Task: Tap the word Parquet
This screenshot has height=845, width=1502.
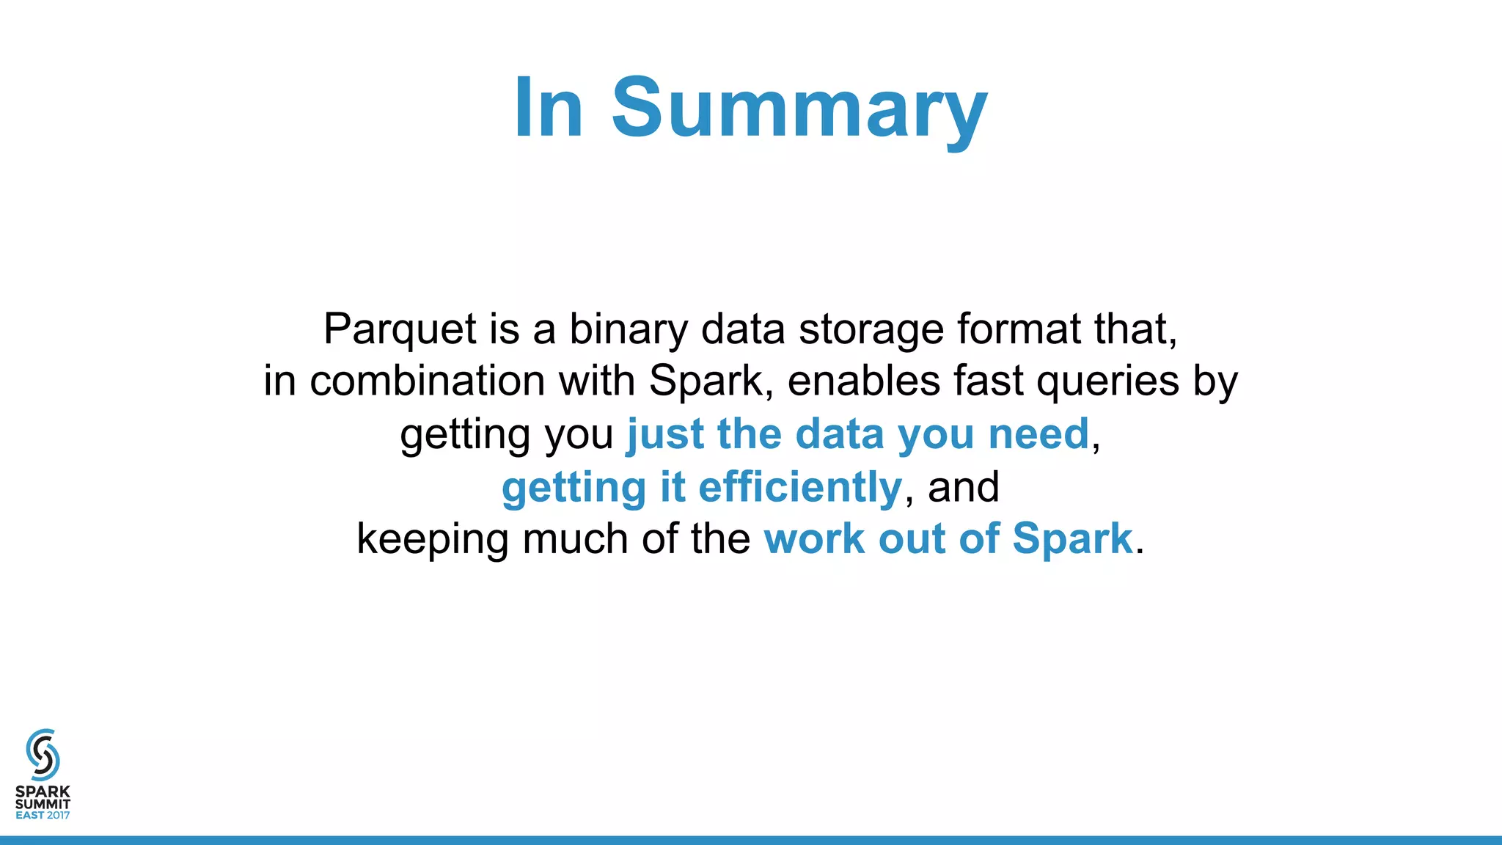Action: (x=400, y=329)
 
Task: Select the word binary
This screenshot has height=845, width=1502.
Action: (x=629, y=329)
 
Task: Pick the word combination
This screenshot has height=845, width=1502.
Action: (x=427, y=381)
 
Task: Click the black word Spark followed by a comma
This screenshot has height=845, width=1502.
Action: (x=706, y=381)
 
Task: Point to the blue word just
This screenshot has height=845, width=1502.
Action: (x=664, y=435)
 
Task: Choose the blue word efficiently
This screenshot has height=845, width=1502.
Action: (x=799, y=487)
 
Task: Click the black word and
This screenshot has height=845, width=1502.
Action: (x=963, y=487)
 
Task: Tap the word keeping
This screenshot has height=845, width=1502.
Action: (x=432, y=540)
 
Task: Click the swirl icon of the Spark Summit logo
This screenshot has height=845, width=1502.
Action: (x=43, y=754)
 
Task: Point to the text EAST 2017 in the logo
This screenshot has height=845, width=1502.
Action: (x=43, y=815)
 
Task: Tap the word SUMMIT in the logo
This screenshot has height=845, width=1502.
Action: (x=43, y=804)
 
